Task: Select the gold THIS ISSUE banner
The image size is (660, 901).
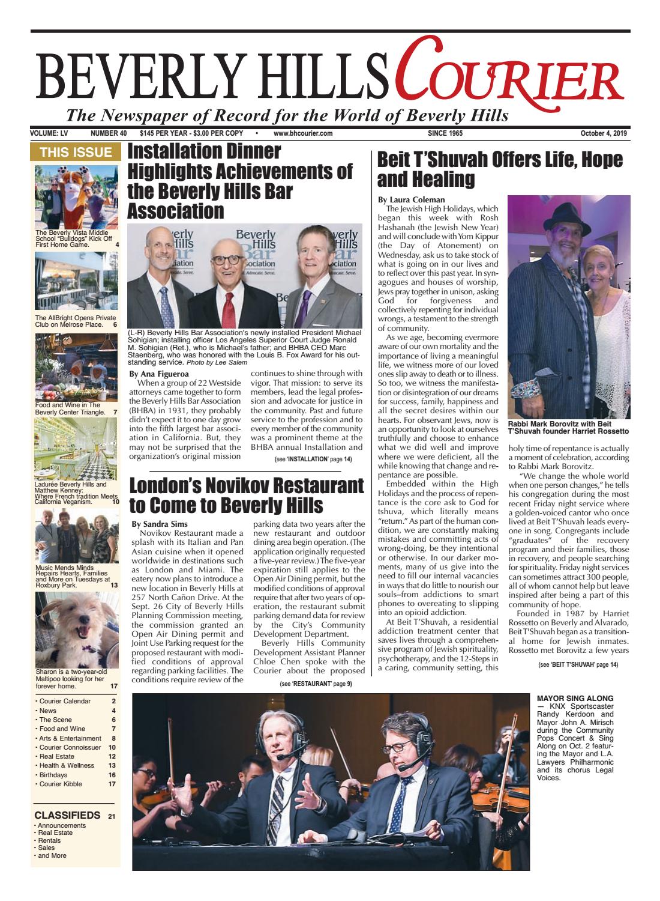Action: pos(76,153)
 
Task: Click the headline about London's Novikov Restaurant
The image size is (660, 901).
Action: pos(247,494)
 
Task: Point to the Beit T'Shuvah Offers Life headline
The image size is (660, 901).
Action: pos(500,169)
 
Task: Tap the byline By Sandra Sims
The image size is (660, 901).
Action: pos(159,524)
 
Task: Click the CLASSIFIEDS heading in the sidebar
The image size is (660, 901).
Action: pos(67,815)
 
